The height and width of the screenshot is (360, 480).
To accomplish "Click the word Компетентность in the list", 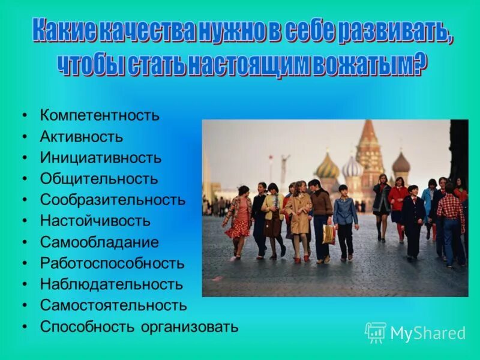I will click(x=100, y=115).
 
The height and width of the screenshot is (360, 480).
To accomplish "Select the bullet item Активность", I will click(x=81, y=137).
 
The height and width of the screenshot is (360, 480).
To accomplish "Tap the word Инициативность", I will click(x=100, y=158).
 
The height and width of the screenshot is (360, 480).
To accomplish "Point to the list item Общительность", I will click(x=99, y=179).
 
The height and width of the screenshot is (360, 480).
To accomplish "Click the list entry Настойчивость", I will click(x=95, y=221).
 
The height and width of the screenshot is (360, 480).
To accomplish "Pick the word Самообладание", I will click(x=100, y=242).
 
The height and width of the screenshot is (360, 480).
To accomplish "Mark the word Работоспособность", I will click(x=112, y=263).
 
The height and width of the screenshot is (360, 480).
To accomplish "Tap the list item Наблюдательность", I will click(x=112, y=284).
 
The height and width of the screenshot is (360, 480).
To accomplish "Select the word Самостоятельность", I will click(x=113, y=305).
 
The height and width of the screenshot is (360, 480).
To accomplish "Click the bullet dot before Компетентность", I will click(x=25, y=115).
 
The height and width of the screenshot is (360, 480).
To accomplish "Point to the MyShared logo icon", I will click(x=376, y=332).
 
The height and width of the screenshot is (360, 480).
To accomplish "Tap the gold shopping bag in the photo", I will click(x=328, y=234).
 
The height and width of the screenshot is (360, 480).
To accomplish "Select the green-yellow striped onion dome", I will click(x=328, y=166).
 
